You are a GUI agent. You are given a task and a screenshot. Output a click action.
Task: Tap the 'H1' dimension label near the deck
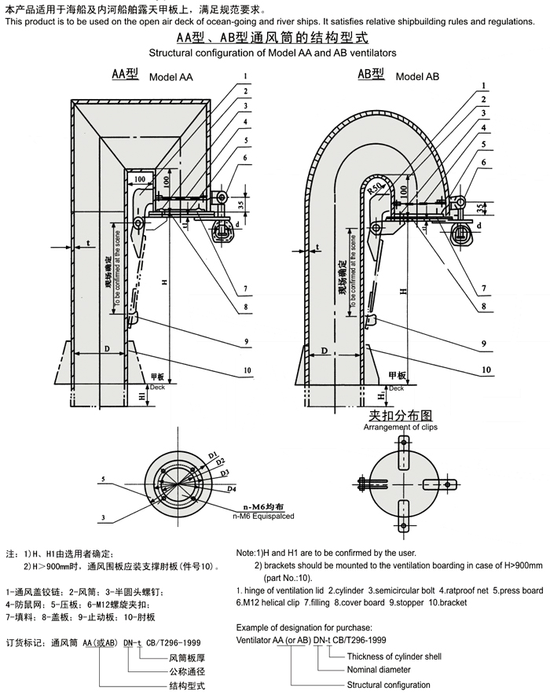click(x=141, y=398)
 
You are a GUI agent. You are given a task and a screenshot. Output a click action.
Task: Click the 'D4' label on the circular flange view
click(x=232, y=489)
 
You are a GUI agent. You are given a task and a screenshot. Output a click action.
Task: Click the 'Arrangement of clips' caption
click(x=400, y=427)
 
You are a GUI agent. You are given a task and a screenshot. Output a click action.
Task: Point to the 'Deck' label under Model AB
click(x=396, y=388)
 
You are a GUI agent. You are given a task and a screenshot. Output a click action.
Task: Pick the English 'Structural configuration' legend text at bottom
click(x=389, y=685)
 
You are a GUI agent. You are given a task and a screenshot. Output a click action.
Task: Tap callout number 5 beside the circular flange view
click(x=103, y=478)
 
